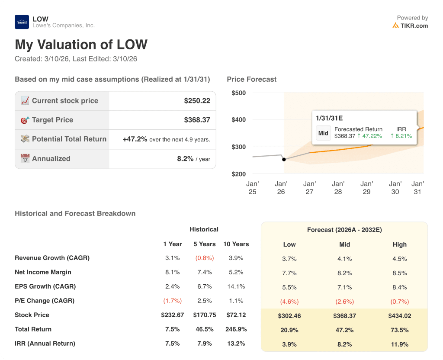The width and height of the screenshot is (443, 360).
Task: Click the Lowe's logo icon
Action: [x=22, y=22]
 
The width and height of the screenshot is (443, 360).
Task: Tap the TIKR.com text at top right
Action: [x=414, y=26]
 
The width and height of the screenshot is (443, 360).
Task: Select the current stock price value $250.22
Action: [x=197, y=101]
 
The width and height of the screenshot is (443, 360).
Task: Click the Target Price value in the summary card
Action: [x=197, y=120]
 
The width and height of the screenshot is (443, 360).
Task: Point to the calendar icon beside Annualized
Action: [x=25, y=158]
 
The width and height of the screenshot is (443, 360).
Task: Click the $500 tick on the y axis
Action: [x=238, y=93]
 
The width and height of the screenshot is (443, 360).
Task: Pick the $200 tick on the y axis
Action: [x=238, y=174]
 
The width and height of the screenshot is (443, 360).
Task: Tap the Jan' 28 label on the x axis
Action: [x=338, y=188]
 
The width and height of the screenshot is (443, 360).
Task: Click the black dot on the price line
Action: [x=284, y=159]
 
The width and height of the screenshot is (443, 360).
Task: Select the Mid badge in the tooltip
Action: [x=323, y=133]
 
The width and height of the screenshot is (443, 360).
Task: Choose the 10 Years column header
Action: [x=236, y=244]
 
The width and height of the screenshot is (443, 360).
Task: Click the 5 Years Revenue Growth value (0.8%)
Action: [x=204, y=258]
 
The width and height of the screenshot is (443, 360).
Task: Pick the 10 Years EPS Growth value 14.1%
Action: [x=236, y=286]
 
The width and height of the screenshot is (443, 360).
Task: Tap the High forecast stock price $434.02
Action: [x=399, y=316]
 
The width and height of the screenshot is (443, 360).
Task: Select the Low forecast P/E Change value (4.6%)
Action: [x=289, y=302]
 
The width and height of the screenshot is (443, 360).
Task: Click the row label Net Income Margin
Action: [x=43, y=272]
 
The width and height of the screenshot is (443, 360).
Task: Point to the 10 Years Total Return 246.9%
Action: [x=236, y=329]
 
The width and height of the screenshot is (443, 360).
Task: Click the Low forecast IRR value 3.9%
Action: [x=289, y=344]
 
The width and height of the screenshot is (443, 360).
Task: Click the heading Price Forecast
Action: [x=251, y=79]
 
